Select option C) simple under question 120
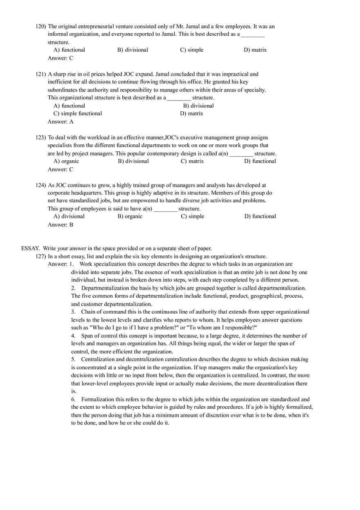(x=191, y=50)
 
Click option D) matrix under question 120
(x=255, y=50)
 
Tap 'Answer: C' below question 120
(x=60, y=58)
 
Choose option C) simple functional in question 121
(x=78, y=113)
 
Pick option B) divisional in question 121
(x=198, y=106)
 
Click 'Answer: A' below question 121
(x=60, y=121)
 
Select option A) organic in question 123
(x=66, y=161)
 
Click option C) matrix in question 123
(x=192, y=161)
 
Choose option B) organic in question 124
(x=130, y=216)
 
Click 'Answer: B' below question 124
(x=60, y=225)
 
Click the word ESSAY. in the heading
(x=30, y=248)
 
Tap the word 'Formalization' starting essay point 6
(x=97, y=400)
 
